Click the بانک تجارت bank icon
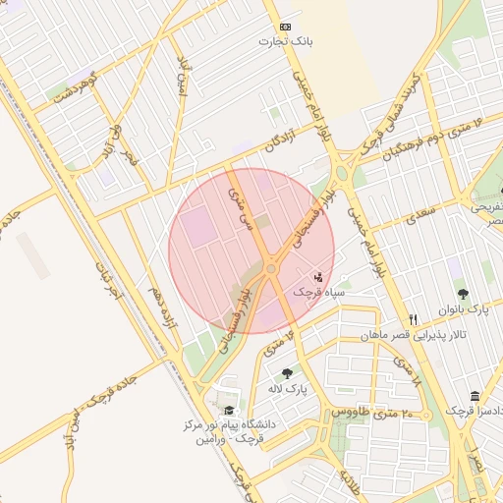point(285,27)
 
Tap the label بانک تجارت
point(285,41)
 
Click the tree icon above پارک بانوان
point(463,294)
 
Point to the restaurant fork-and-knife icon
point(413,319)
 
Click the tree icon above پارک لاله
point(286,373)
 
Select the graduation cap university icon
point(229,411)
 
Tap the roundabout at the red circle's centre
point(270,268)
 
